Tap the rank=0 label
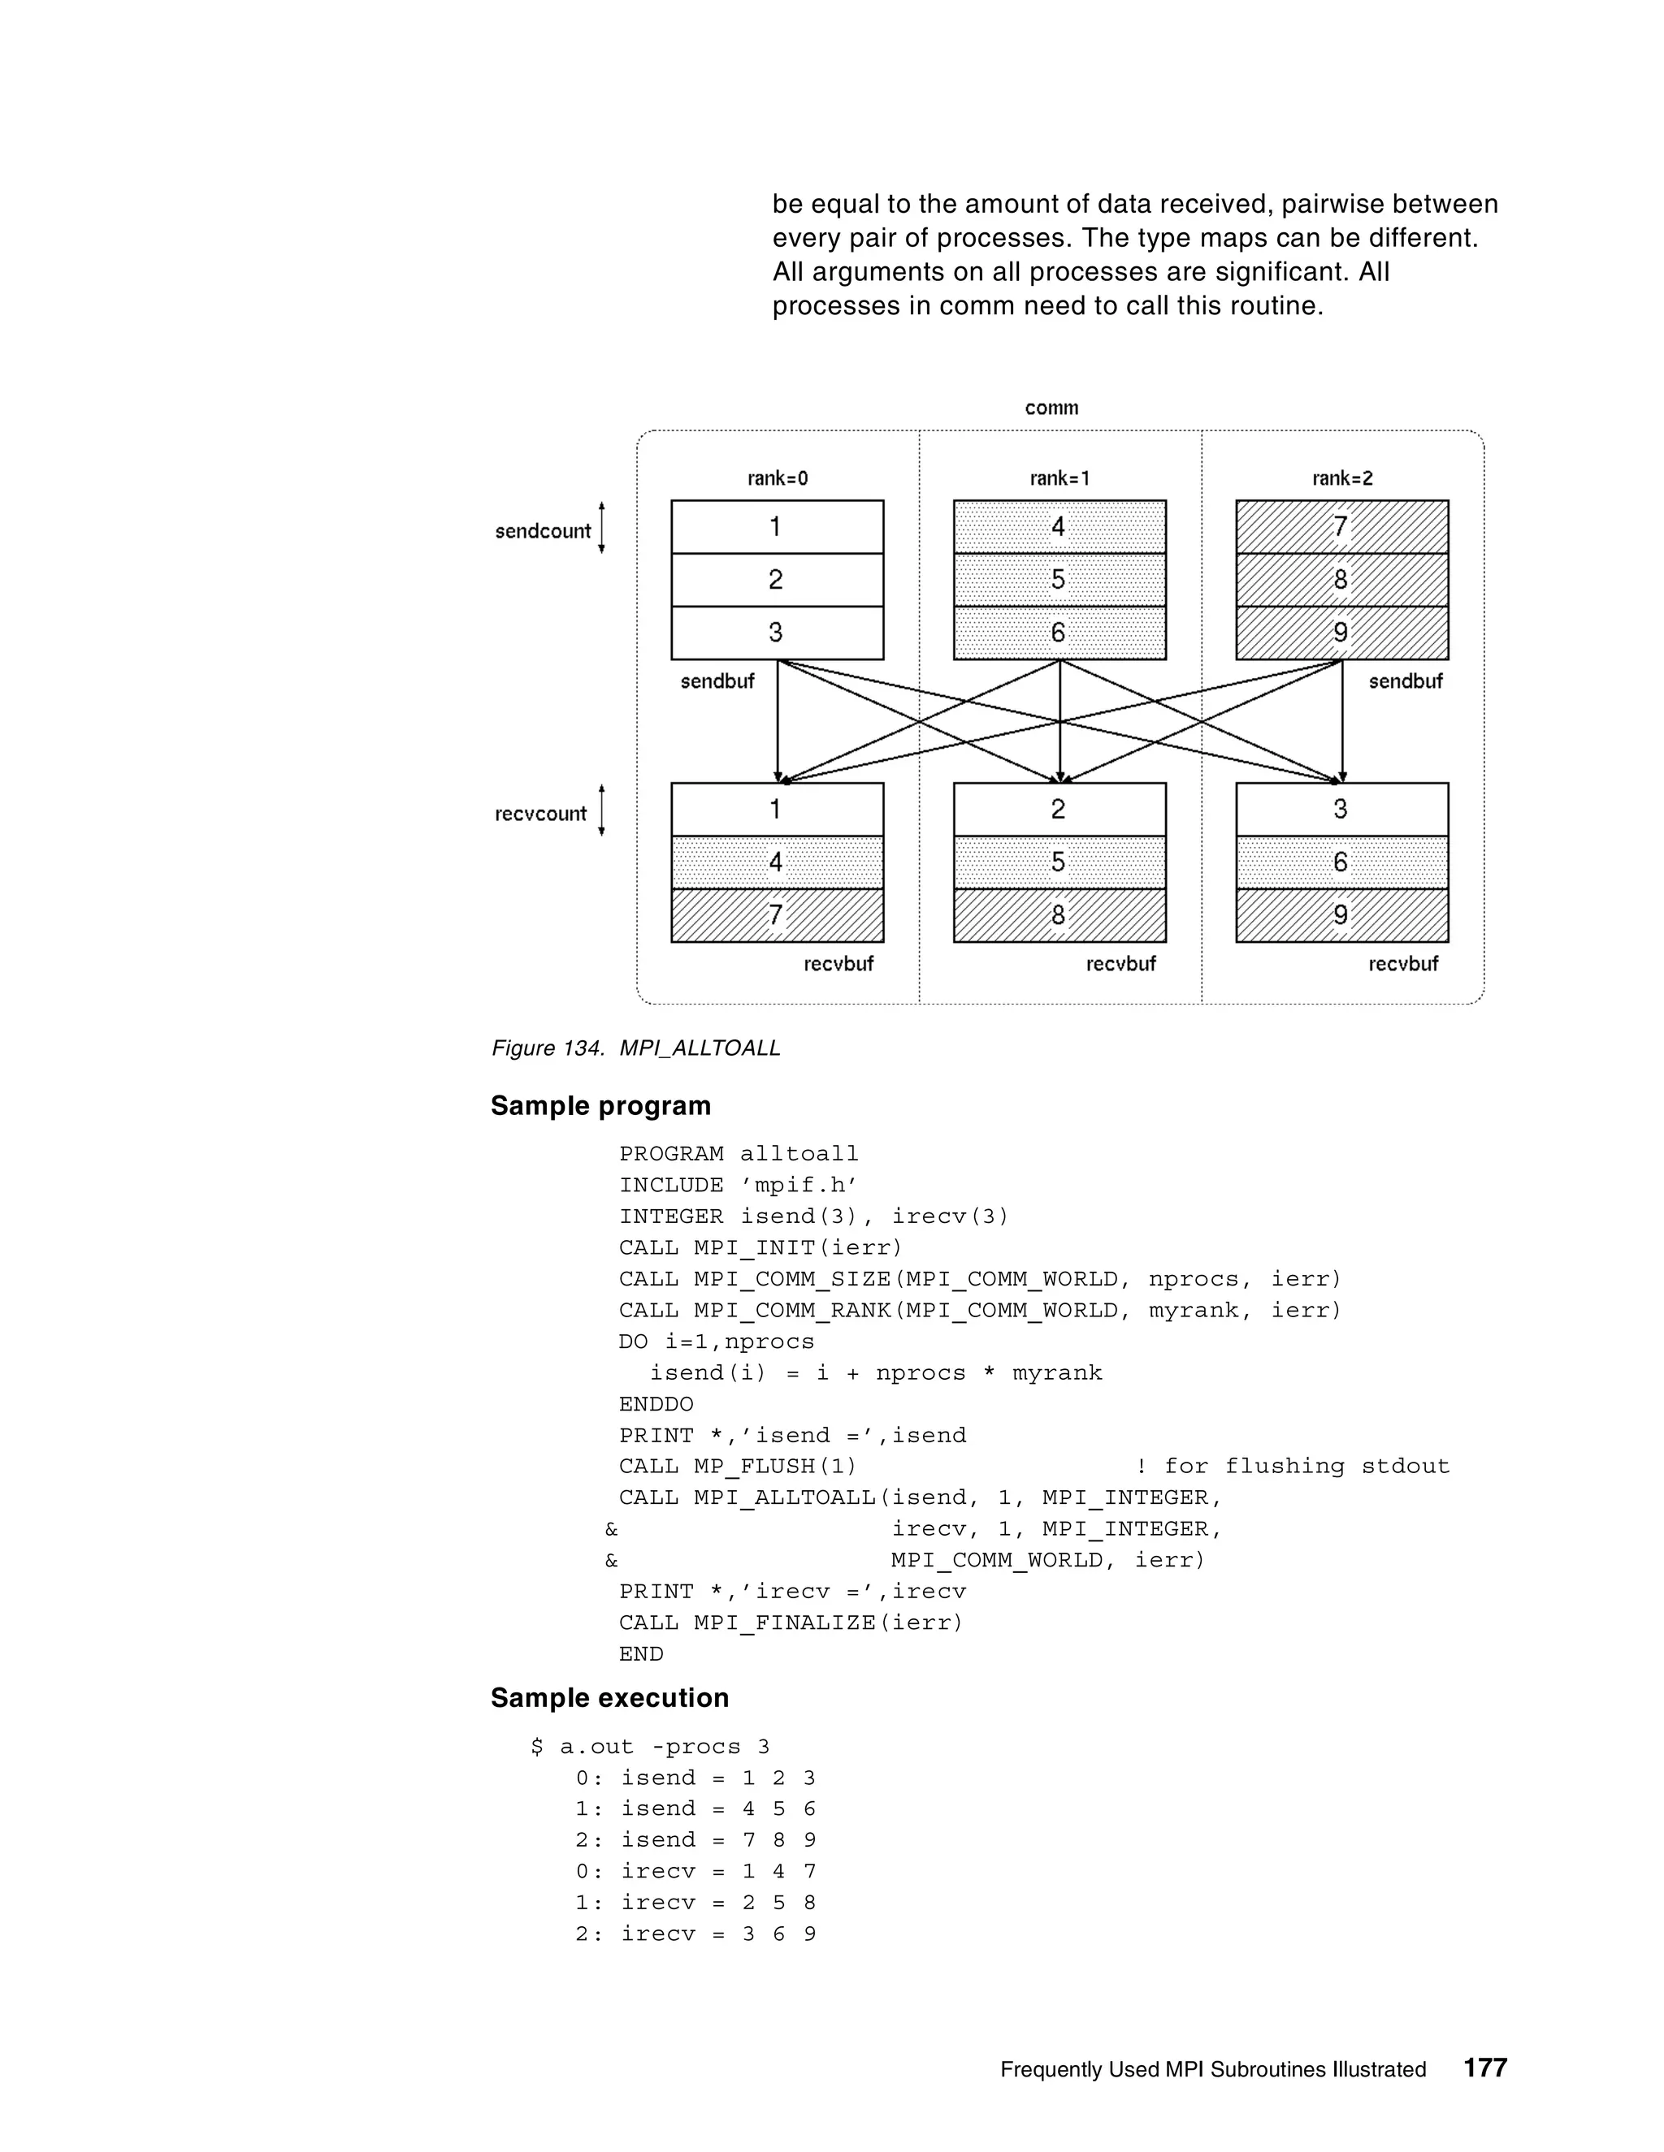coord(777,479)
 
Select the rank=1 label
coord(1059,479)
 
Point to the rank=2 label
coord(1341,479)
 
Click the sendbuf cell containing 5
coord(1059,579)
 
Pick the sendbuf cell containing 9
coord(1341,633)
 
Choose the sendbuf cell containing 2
coord(777,579)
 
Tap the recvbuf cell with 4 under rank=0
coord(777,862)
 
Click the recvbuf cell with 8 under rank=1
coord(1059,915)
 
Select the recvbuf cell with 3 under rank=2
coord(1341,809)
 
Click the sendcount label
coord(542,531)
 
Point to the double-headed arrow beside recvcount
coord(601,810)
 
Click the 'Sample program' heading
coord(600,1105)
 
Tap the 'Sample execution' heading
coord(609,1698)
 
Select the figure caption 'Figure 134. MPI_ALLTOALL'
coord(636,1048)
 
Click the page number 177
coord(1484,2068)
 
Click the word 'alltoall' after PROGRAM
coord(799,1154)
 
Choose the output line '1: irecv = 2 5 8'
coord(695,1903)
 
